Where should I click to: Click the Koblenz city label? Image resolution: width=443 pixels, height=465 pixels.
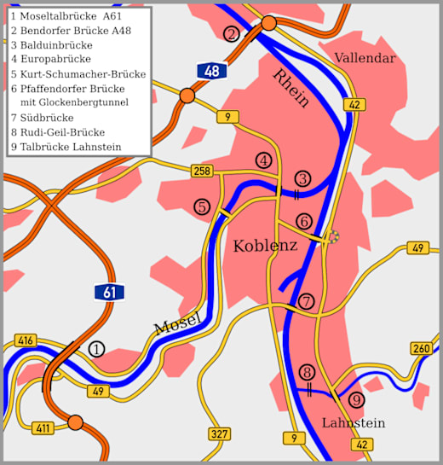click(x=265, y=246)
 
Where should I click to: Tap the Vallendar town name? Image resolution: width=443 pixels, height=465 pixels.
click(x=365, y=58)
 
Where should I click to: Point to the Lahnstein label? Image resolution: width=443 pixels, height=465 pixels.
click(x=353, y=423)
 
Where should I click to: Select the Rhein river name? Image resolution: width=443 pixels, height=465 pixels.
click(x=291, y=88)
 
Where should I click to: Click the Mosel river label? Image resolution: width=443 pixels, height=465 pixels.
click(x=177, y=325)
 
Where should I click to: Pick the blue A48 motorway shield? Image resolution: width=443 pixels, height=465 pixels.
click(x=211, y=70)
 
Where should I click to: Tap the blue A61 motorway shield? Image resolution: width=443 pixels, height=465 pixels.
click(x=109, y=292)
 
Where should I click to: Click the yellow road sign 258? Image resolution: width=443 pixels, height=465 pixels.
click(x=201, y=171)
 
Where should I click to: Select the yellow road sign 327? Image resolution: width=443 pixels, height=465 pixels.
click(x=219, y=434)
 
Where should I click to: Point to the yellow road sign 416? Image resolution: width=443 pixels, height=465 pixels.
click(x=26, y=341)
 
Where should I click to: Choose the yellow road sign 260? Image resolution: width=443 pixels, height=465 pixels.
click(x=421, y=348)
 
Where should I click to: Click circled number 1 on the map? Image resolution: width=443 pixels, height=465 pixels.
click(x=96, y=349)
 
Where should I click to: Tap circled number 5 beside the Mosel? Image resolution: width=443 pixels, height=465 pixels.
click(x=202, y=206)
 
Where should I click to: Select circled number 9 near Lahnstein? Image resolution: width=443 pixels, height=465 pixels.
click(x=356, y=399)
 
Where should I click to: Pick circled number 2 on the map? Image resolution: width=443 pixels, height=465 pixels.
click(x=231, y=34)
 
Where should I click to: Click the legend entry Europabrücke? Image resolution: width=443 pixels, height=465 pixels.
click(x=50, y=59)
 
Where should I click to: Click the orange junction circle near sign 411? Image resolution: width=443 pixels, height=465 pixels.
click(x=75, y=422)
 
